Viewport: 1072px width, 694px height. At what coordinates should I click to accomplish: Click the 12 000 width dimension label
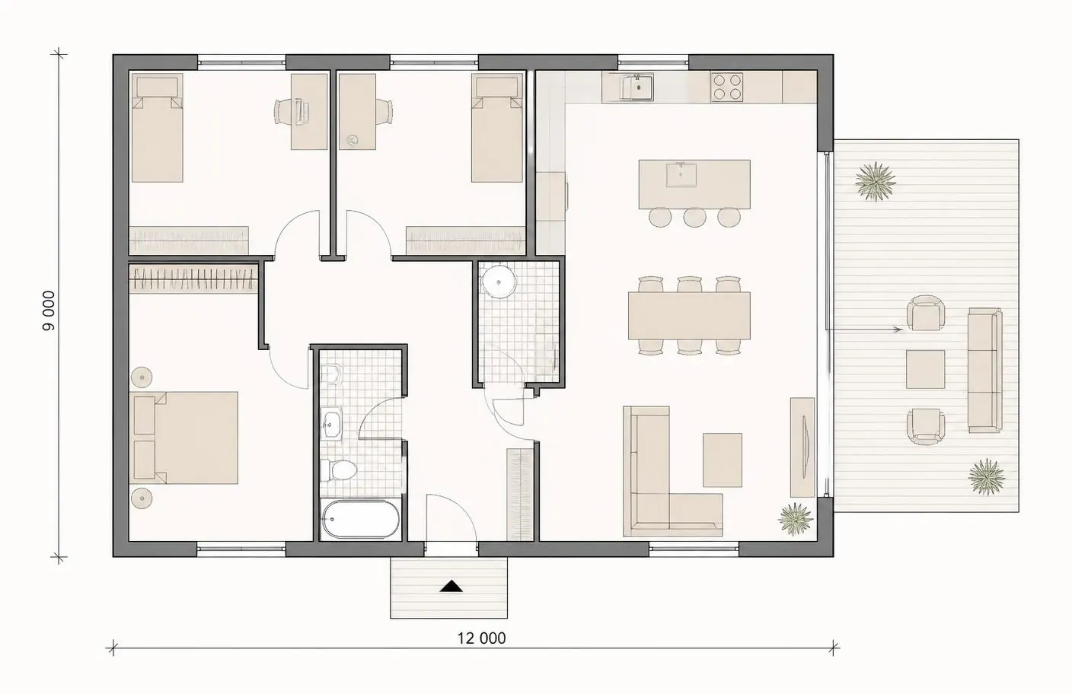481,638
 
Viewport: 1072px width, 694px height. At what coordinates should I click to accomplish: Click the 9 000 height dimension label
49,311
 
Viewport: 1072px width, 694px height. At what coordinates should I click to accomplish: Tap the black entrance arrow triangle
451,587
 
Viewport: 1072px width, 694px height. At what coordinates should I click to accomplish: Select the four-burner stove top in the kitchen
726,87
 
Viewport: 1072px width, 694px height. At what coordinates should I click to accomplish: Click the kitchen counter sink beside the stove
637,87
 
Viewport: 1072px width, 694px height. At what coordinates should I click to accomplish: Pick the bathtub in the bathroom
361,520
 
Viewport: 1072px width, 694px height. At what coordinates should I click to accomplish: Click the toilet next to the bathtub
338,470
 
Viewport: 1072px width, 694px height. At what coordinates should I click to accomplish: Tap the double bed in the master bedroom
184,438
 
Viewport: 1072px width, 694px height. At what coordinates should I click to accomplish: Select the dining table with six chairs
689,316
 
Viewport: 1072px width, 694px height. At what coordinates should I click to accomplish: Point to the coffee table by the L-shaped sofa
723,460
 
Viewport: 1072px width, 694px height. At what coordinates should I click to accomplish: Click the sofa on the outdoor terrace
985,370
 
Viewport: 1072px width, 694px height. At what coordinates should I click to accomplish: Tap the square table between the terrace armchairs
925,369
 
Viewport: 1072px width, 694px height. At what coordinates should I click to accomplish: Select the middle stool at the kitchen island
694,217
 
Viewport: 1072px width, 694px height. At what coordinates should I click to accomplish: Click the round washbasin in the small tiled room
498,282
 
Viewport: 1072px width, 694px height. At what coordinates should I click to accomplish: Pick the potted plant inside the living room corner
795,518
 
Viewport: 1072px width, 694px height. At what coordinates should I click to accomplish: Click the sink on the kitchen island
681,174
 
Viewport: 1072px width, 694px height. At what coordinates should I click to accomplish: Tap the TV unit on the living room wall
802,447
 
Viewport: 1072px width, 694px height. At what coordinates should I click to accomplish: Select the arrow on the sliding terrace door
864,329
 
